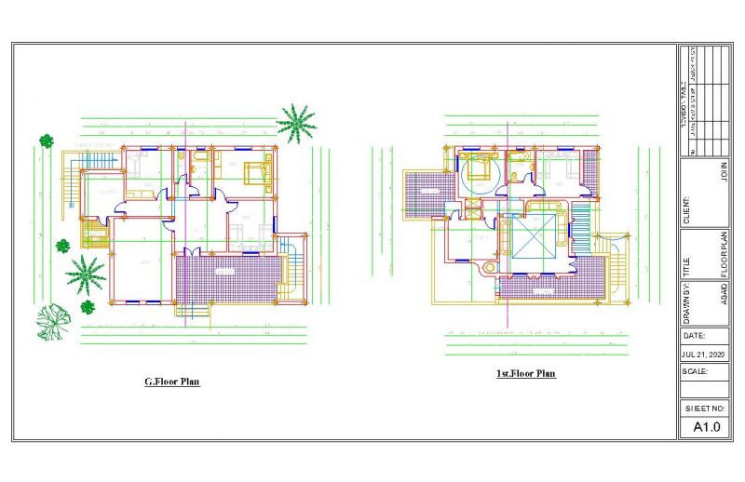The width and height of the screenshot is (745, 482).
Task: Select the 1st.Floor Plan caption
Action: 525,373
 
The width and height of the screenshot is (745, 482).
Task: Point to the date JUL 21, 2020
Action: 703,355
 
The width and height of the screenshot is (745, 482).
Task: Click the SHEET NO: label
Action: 705,408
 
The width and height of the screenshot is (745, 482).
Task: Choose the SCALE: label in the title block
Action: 696,370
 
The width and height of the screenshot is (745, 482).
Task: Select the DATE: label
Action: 695,335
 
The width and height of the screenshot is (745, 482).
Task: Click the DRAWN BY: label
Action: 688,299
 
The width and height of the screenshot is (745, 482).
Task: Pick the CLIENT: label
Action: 688,209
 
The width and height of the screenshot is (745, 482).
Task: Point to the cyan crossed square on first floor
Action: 534,239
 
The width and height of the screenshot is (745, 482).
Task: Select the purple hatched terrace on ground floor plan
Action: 228,278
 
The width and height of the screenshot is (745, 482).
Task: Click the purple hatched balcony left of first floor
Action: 427,193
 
